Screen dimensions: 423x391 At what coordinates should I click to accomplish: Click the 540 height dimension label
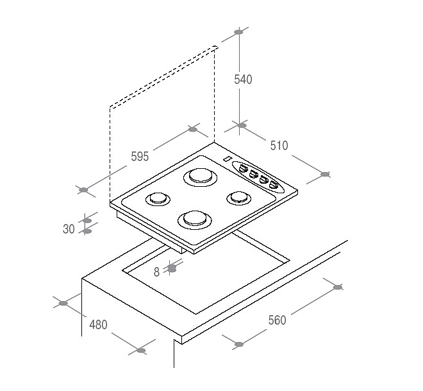click(x=243, y=80)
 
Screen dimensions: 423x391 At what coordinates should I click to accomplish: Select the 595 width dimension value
click(x=140, y=157)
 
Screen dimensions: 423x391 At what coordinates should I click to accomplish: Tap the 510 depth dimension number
click(x=279, y=146)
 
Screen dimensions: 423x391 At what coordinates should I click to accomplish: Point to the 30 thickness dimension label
click(x=69, y=229)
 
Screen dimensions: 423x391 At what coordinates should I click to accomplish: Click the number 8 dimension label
click(x=157, y=272)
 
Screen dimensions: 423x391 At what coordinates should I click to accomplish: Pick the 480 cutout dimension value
click(x=99, y=324)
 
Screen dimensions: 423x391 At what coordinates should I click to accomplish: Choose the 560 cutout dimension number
click(x=277, y=320)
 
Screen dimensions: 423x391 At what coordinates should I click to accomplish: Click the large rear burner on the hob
click(x=200, y=177)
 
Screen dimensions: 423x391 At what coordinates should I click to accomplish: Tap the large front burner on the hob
click(x=195, y=220)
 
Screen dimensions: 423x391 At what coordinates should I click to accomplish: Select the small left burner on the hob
click(x=158, y=199)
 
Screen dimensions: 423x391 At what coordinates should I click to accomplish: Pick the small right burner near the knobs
click(x=239, y=198)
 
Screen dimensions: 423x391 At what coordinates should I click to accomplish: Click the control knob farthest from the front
click(x=243, y=168)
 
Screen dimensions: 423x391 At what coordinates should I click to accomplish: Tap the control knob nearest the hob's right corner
click(x=273, y=185)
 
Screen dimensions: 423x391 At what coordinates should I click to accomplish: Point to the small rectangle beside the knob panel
click(x=228, y=159)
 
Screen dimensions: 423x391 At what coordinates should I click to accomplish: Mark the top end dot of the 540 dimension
click(x=238, y=32)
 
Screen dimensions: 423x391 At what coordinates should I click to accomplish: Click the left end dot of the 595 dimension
click(x=83, y=190)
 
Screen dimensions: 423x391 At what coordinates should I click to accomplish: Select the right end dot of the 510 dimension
click(x=325, y=174)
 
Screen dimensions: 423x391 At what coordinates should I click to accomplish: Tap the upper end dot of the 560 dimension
click(x=338, y=287)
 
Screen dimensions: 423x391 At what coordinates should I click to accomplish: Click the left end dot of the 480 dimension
click(x=63, y=303)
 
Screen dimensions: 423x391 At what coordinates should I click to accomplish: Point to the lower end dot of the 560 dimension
click(x=239, y=344)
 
